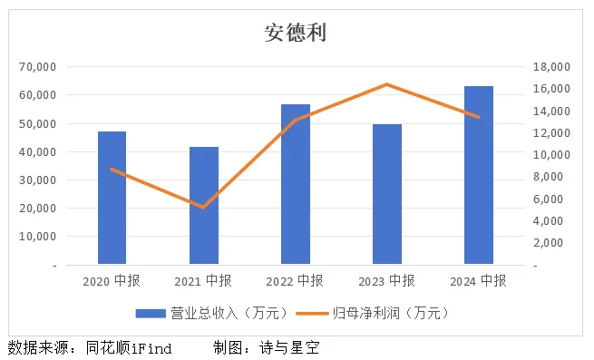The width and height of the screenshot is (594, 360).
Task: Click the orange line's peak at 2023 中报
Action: [387, 84]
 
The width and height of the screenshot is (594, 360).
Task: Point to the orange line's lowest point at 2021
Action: [204, 208]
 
